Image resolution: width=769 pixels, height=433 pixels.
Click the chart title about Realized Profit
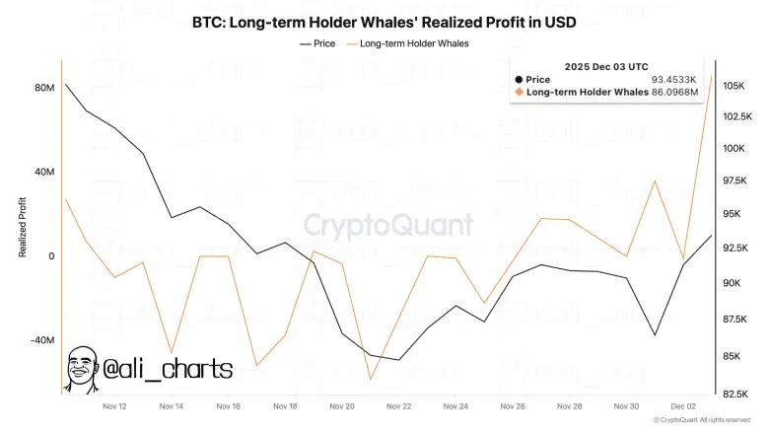pos(384,22)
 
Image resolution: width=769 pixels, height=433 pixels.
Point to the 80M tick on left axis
pos(43,88)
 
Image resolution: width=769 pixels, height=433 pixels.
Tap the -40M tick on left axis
pos(41,340)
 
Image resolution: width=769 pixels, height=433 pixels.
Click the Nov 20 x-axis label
pos(342,406)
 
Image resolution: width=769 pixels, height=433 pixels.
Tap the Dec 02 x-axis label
pos(683,406)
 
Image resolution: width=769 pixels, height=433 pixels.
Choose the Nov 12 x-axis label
pos(114,406)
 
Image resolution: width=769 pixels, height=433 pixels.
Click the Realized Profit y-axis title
pos(22,227)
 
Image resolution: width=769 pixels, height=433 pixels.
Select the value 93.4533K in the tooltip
pos(674,79)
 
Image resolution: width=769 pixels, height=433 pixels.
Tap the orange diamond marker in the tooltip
pos(520,92)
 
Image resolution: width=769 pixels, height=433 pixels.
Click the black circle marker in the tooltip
pos(520,79)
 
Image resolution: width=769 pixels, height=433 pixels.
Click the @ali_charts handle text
pos(169,370)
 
